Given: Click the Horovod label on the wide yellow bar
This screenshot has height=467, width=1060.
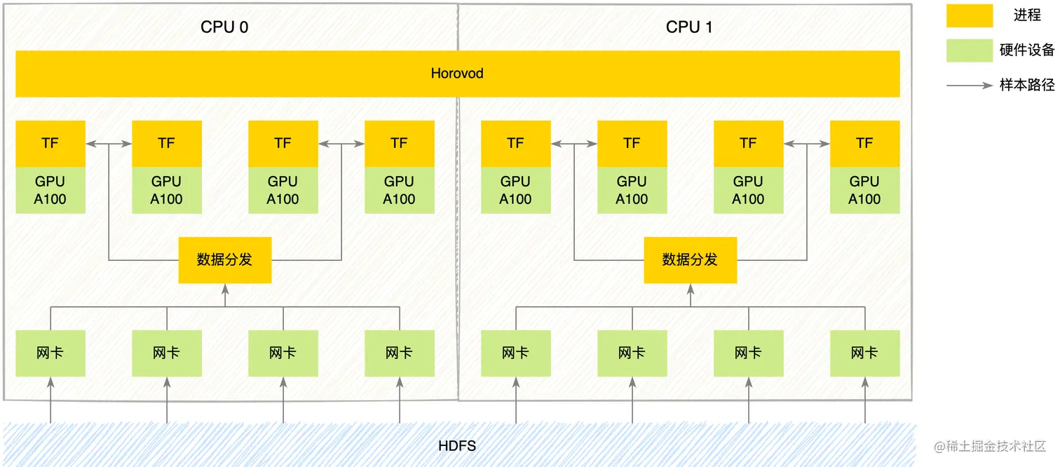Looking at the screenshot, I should point(457,74).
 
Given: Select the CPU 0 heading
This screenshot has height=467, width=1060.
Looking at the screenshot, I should point(224,27).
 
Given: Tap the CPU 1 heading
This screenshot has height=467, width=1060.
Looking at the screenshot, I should point(689,27).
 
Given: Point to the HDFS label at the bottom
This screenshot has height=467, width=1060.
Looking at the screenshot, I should point(457,445).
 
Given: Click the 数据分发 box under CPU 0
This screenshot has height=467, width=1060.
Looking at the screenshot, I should point(224,260).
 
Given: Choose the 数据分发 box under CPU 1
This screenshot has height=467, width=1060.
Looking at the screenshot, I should point(690,260).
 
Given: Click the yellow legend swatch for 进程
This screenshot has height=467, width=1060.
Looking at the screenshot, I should point(970,15).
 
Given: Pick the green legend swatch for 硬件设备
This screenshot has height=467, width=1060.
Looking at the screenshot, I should point(970,50).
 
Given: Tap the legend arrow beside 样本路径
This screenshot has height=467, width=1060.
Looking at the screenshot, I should point(970,86).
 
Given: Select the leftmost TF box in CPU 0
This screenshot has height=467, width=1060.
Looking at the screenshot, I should point(50,143).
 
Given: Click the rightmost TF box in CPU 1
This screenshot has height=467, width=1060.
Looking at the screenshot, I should point(864,143).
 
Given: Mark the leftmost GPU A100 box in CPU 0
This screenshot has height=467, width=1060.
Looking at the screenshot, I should point(50,190).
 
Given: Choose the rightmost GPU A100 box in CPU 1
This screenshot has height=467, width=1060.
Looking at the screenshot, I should point(864,190).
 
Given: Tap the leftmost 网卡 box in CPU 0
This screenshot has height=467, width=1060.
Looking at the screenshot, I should point(50,353).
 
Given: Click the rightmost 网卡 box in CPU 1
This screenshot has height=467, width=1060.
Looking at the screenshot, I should point(864,353).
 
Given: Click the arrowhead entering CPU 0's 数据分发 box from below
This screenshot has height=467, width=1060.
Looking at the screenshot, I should point(225,289).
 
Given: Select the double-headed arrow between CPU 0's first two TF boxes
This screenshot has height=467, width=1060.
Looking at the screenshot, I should point(109,144).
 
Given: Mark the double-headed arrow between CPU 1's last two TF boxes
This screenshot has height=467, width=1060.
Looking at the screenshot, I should point(807,144).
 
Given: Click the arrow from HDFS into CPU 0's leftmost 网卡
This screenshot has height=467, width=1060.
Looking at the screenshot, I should point(50,400).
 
